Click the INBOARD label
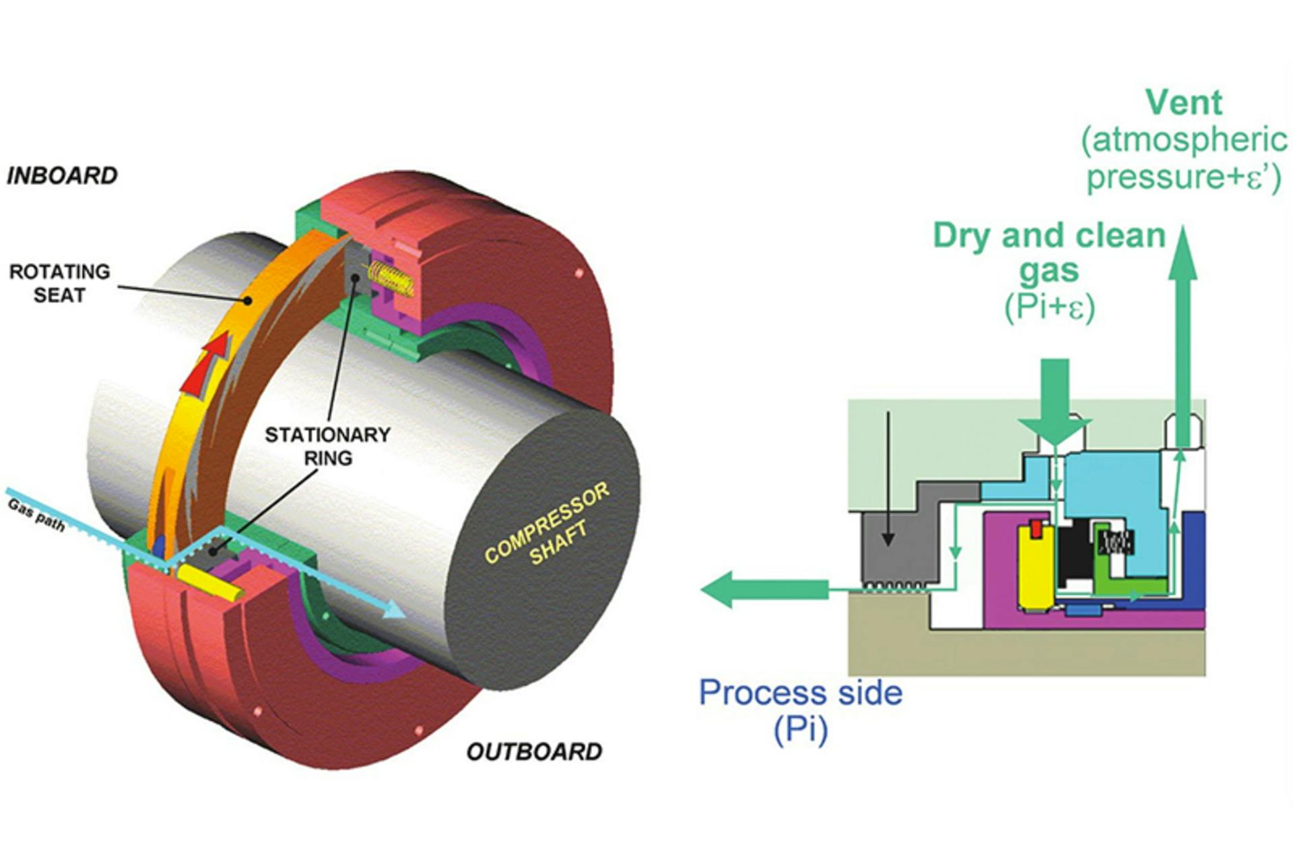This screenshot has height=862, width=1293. pyautogui.click(x=62, y=175)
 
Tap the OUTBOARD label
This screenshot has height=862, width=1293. pyautogui.click(x=534, y=751)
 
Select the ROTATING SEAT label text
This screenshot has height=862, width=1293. pyautogui.click(x=59, y=283)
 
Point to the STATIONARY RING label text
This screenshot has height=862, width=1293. pyautogui.click(x=327, y=445)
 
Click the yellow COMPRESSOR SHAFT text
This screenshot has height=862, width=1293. pyautogui.click(x=547, y=525)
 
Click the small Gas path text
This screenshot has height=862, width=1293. pyautogui.click(x=36, y=515)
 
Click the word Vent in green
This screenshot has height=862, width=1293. pyautogui.click(x=1183, y=102)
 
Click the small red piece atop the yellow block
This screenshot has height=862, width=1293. pyautogui.click(x=1036, y=530)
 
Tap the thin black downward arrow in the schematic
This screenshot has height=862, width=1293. pyautogui.click(x=888, y=479)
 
